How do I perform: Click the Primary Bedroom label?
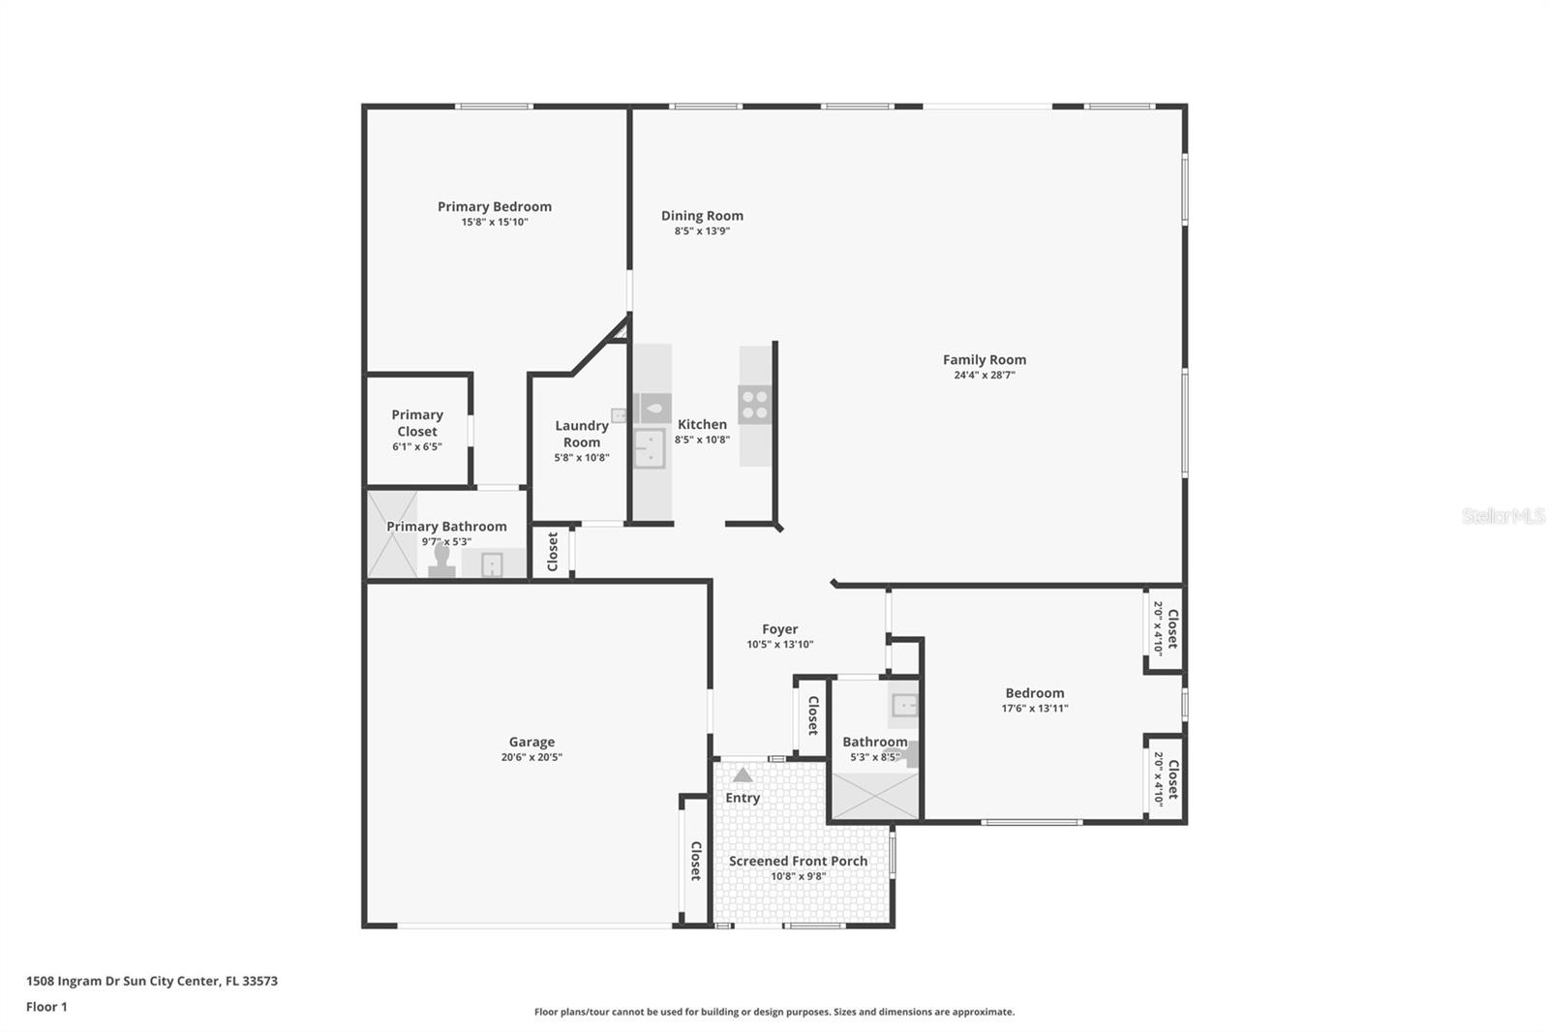coord(494,206)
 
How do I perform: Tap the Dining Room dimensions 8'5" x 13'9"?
coord(702,231)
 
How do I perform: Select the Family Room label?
coord(984,359)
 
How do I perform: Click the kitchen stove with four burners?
coord(754,405)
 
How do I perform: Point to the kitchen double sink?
coord(649,448)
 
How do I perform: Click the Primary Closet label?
coord(417,423)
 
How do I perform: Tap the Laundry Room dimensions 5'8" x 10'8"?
coord(582,458)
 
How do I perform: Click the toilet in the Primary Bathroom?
coord(442,562)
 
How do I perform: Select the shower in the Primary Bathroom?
coord(392,535)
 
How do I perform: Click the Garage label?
coord(532,742)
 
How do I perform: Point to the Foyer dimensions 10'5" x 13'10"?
coord(779,645)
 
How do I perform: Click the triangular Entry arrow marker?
coord(743,774)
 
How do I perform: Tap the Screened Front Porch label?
coord(798,861)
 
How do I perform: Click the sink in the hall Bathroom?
coord(904,705)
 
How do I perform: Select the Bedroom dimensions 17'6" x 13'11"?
coord(1034,709)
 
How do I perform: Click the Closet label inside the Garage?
coord(695,861)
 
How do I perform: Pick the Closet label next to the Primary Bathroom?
coord(552,552)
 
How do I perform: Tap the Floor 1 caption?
coord(46,1007)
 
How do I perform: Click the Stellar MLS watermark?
coord(1503,516)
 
